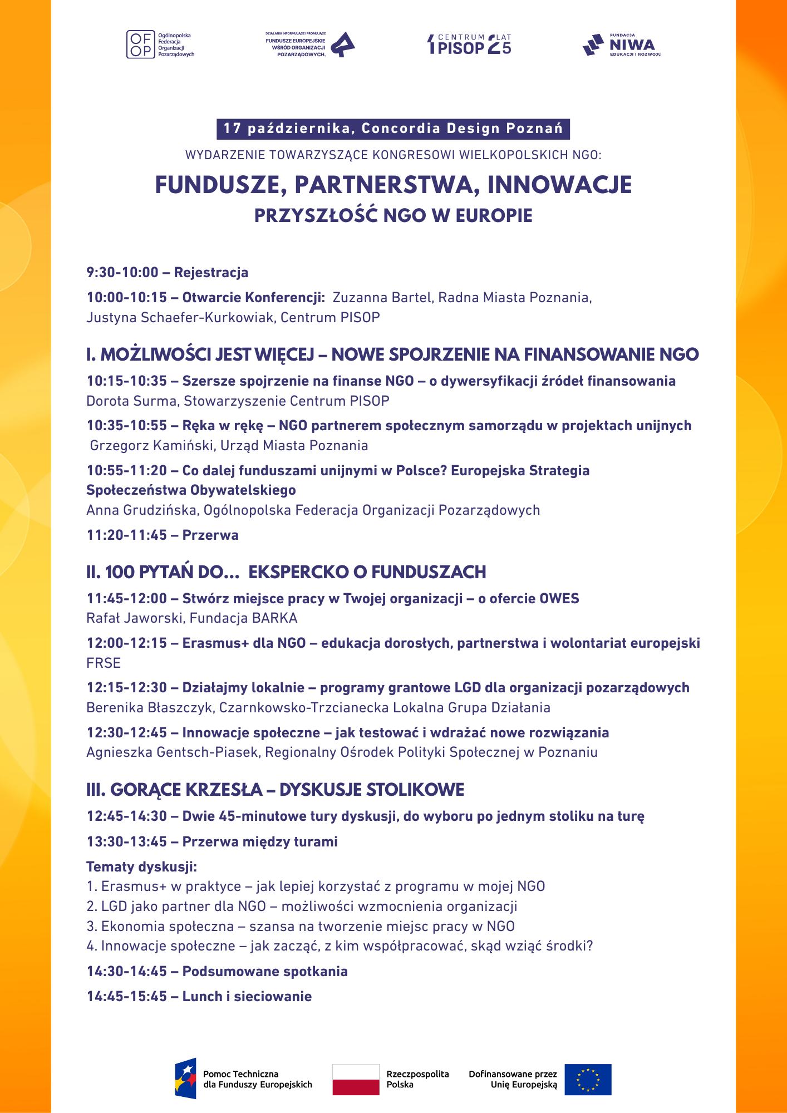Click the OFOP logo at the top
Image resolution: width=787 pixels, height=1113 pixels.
(x=160, y=45)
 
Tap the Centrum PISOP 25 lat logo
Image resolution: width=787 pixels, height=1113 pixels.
(x=469, y=45)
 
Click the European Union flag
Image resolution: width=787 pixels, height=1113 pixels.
(x=588, y=1080)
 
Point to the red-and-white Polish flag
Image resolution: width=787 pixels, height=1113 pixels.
(x=356, y=1080)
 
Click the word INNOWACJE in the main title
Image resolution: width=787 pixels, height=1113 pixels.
(x=559, y=185)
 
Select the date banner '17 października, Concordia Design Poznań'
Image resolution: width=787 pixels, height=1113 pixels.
(x=393, y=129)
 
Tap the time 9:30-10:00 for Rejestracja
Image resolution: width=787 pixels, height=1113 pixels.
(x=122, y=273)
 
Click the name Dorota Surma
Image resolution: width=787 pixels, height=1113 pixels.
(x=131, y=401)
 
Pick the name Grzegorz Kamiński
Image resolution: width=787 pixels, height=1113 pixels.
(x=153, y=446)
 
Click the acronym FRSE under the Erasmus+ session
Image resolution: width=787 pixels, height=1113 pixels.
(x=104, y=663)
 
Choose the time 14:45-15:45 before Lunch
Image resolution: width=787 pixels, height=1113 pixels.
(x=126, y=997)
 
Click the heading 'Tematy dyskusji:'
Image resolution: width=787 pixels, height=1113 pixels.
(x=141, y=867)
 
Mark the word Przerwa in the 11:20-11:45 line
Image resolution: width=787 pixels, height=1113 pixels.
(x=210, y=535)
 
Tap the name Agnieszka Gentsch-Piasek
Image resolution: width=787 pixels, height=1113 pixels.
(x=172, y=752)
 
